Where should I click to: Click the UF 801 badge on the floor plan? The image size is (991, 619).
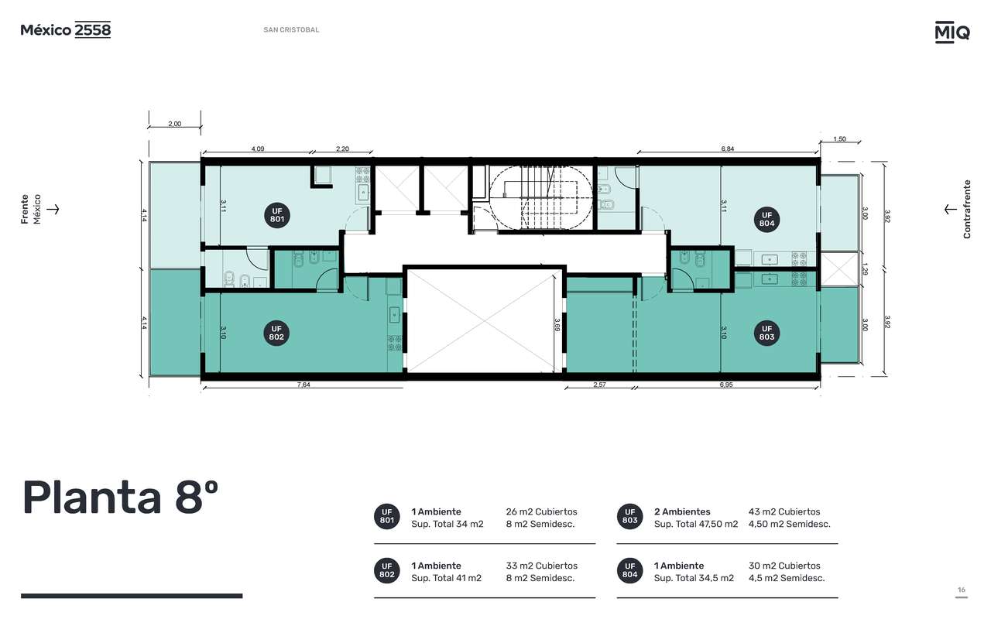(277, 215)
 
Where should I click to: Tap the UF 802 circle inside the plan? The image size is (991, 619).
(276, 333)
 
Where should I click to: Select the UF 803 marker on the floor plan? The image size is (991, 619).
(766, 333)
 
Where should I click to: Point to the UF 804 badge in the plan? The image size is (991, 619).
(766, 219)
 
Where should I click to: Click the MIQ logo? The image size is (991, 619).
(952, 32)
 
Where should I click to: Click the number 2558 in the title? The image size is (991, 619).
(92, 29)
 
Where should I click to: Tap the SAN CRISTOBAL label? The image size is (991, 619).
(291, 29)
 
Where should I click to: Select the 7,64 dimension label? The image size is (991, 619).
(303, 385)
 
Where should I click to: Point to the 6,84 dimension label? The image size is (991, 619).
(727, 149)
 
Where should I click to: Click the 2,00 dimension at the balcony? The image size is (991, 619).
(175, 124)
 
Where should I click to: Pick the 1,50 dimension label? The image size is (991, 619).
(839, 139)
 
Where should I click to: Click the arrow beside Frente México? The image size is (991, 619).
(53, 209)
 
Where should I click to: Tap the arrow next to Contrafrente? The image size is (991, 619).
(950, 209)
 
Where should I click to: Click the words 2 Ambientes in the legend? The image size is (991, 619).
(682, 511)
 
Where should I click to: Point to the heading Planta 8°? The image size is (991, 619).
(120, 498)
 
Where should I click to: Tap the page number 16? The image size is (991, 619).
(962, 590)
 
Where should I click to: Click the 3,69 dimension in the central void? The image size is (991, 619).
(557, 324)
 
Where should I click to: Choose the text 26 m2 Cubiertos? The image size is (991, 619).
(541, 511)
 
